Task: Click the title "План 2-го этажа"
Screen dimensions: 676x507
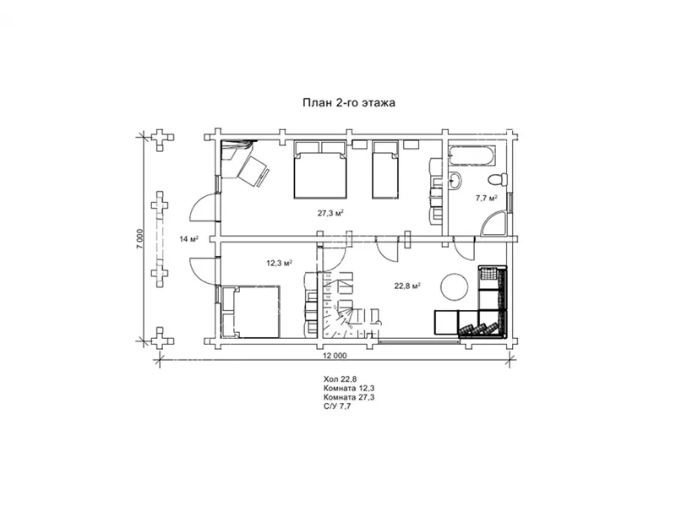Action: coord(349,103)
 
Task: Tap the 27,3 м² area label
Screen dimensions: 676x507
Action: coord(330,213)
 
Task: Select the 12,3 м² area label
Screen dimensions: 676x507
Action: coord(280,263)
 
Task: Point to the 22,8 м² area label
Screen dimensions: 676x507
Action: coord(407,286)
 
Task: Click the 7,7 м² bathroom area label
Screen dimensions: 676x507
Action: coord(487,198)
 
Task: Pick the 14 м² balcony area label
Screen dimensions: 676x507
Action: coord(188,239)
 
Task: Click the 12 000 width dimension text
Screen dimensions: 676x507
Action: coord(335,356)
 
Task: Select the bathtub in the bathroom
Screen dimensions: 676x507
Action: coord(472,155)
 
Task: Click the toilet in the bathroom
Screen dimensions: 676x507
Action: coord(498,179)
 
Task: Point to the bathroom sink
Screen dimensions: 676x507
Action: coord(455,180)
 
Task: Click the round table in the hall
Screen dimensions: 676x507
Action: coord(454,286)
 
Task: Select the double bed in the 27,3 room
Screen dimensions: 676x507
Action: coord(320,170)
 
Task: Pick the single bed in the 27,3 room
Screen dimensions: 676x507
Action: coord(385,170)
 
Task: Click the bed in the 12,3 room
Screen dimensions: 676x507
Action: coord(250,312)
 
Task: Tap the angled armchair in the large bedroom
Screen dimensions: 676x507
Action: coord(253,172)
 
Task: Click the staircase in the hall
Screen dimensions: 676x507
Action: coord(348,304)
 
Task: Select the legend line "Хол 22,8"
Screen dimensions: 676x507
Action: coord(341,379)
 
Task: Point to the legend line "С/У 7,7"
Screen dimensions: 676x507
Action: coord(337,406)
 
